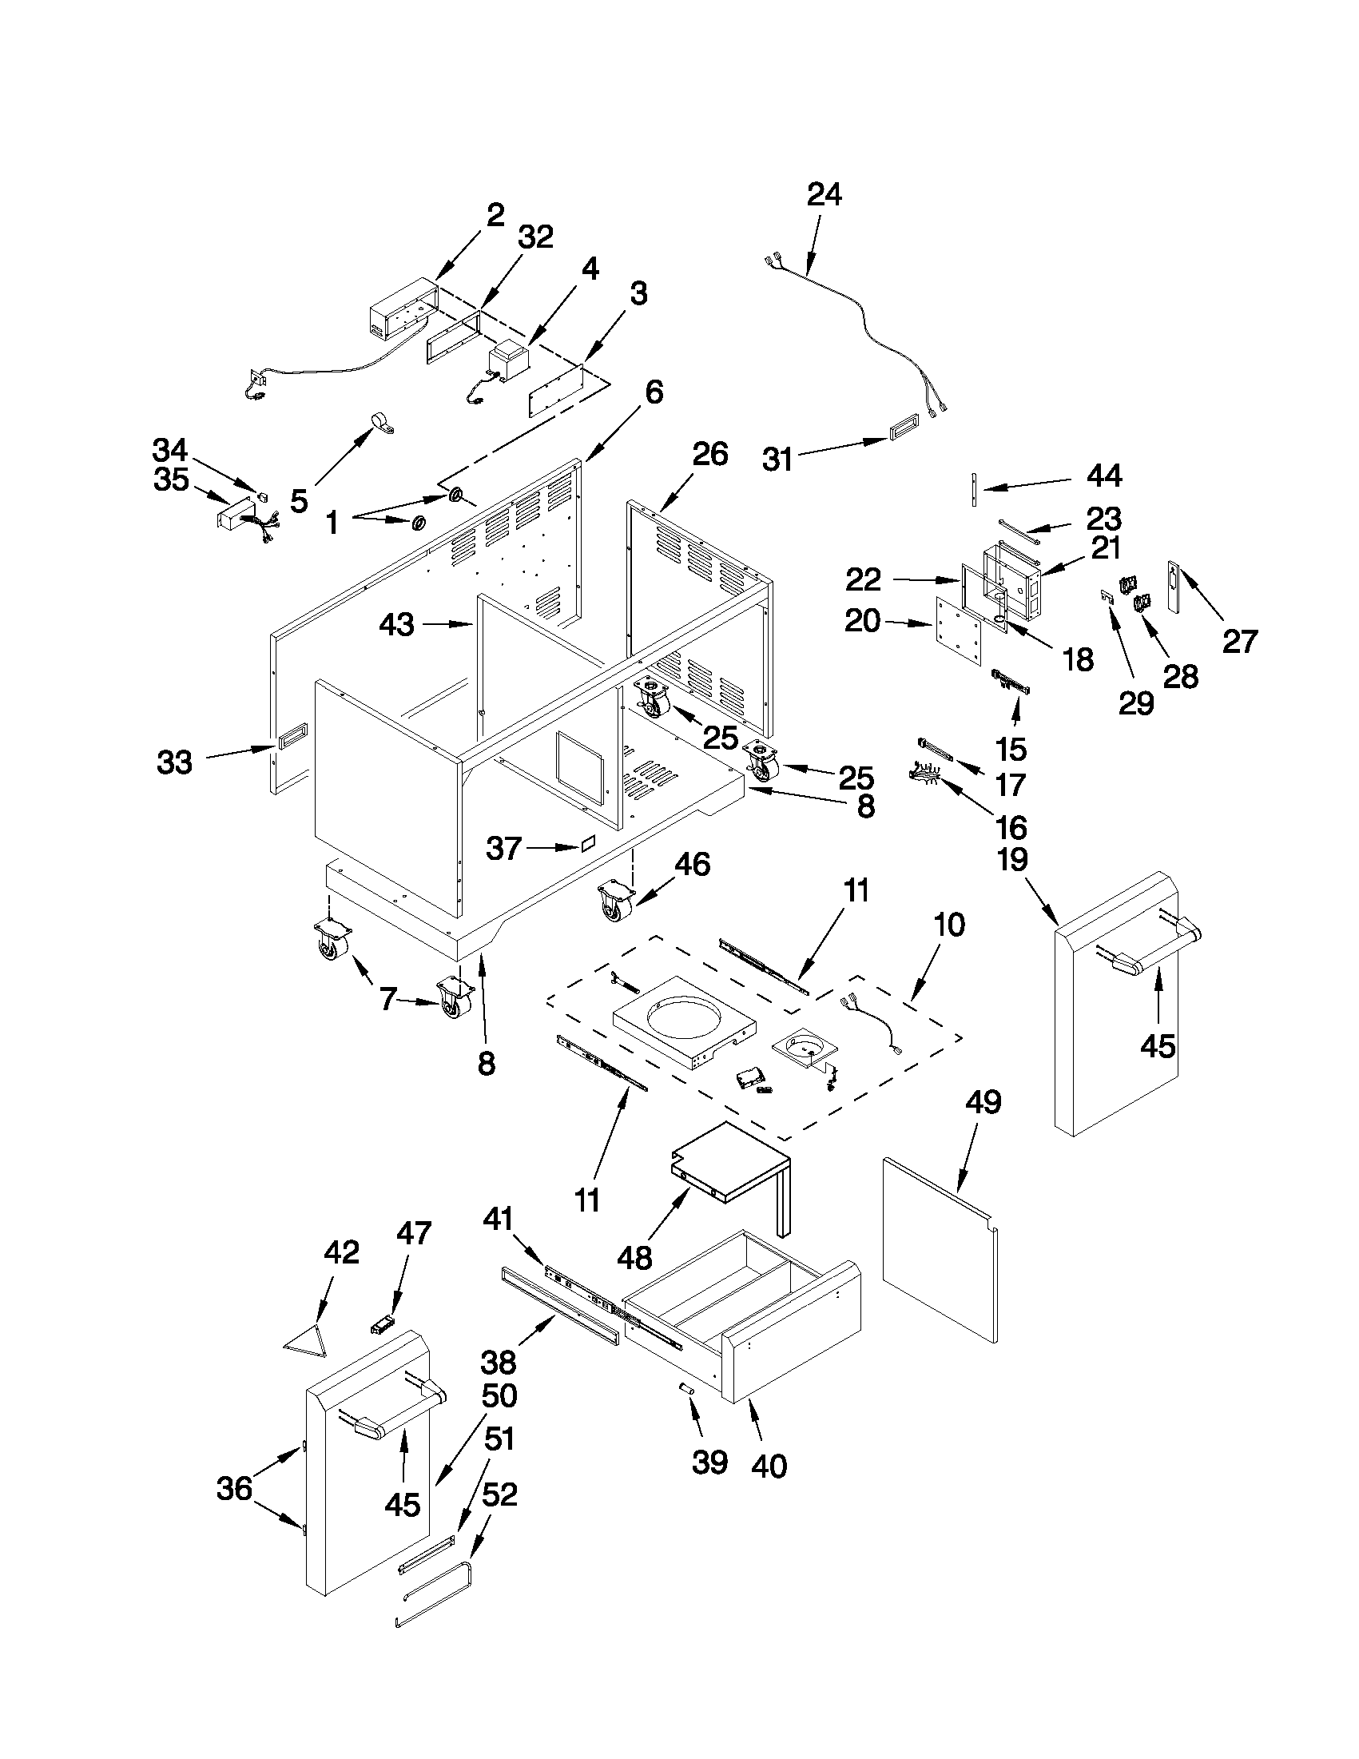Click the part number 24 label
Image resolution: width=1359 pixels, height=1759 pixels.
825,195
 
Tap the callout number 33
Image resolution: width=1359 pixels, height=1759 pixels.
175,762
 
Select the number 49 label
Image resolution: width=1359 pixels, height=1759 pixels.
983,1102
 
